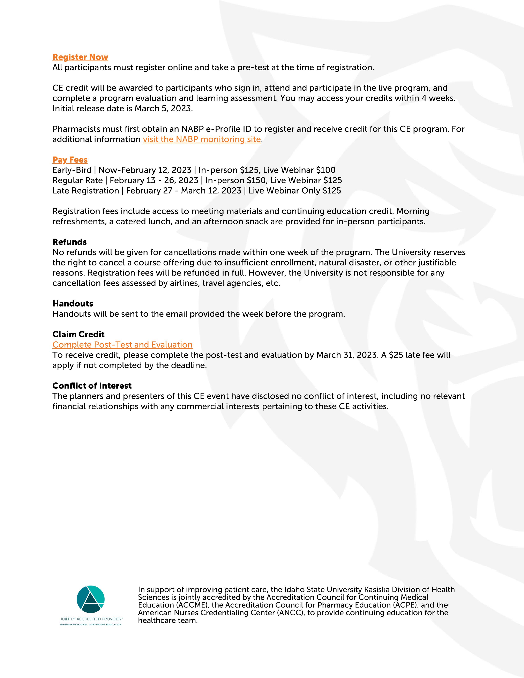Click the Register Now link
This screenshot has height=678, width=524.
point(80,57)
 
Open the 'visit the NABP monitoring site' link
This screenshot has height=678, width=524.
point(202,139)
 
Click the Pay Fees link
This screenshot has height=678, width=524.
point(70,160)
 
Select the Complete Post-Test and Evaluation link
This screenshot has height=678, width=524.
point(122,345)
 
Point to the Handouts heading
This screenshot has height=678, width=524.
point(73,304)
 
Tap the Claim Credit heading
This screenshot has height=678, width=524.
point(78,334)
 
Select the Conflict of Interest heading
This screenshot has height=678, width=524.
point(92,386)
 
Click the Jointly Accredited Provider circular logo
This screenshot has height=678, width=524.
point(90,599)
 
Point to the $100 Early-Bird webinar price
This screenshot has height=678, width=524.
point(326,170)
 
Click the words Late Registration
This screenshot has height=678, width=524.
point(86,191)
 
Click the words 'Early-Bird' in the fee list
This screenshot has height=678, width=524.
point(72,170)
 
